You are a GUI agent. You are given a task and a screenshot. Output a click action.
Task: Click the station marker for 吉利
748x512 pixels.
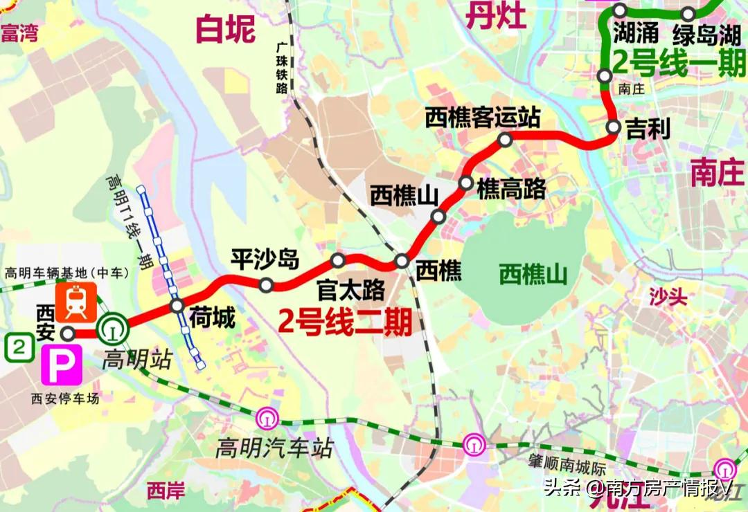(x=614, y=127)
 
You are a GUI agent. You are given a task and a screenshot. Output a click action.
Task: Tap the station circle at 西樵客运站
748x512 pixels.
(x=506, y=140)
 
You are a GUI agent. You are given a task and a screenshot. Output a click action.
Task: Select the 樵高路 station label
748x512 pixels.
(x=511, y=188)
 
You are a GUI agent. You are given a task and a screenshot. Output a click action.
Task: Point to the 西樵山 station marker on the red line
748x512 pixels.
(x=438, y=217)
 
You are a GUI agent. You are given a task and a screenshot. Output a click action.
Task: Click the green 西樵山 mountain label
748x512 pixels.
(x=533, y=275)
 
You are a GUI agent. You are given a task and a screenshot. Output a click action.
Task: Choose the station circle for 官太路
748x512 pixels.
(x=338, y=260)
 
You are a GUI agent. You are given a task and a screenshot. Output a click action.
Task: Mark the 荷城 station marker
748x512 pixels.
(x=177, y=306)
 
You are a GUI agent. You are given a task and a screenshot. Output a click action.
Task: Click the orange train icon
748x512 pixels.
(x=76, y=302)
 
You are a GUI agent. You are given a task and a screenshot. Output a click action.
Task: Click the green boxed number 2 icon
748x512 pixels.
(x=19, y=347)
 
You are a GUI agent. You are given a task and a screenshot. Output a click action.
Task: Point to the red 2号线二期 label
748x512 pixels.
(x=345, y=321)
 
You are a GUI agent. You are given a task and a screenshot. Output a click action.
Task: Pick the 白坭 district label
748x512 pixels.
(x=226, y=29)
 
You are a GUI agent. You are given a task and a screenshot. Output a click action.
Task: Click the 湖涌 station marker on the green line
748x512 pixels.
(x=620, y=10)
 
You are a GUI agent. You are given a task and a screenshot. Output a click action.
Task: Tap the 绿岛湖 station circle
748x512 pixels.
(x=688, y=14)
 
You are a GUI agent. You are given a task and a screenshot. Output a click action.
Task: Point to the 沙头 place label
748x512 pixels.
(x=668, y=298)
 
